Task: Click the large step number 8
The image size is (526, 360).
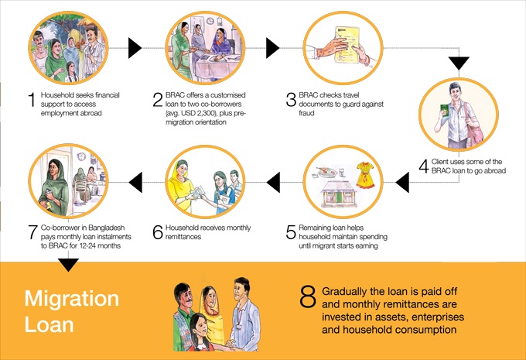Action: (308, 297)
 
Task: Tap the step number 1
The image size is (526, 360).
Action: (32, 100)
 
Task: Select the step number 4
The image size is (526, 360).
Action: (424, 166)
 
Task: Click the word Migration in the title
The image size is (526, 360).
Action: (72, 299)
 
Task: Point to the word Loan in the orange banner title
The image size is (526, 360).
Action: (49, 324)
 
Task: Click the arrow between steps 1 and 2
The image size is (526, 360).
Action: (135, 48)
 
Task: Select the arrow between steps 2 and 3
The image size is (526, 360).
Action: (273, 48)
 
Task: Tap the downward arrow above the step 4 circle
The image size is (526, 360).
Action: (459, 63)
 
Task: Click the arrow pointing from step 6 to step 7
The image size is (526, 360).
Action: (135, 183)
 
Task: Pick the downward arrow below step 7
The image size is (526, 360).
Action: (68, 265)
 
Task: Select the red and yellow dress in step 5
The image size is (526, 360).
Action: (365, 175)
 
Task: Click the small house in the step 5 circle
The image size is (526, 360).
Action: (338, 194)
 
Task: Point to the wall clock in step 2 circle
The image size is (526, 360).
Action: (210, 21)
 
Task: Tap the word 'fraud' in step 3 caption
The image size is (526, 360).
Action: (306, 113)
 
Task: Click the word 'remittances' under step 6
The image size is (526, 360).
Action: (183, 237)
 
